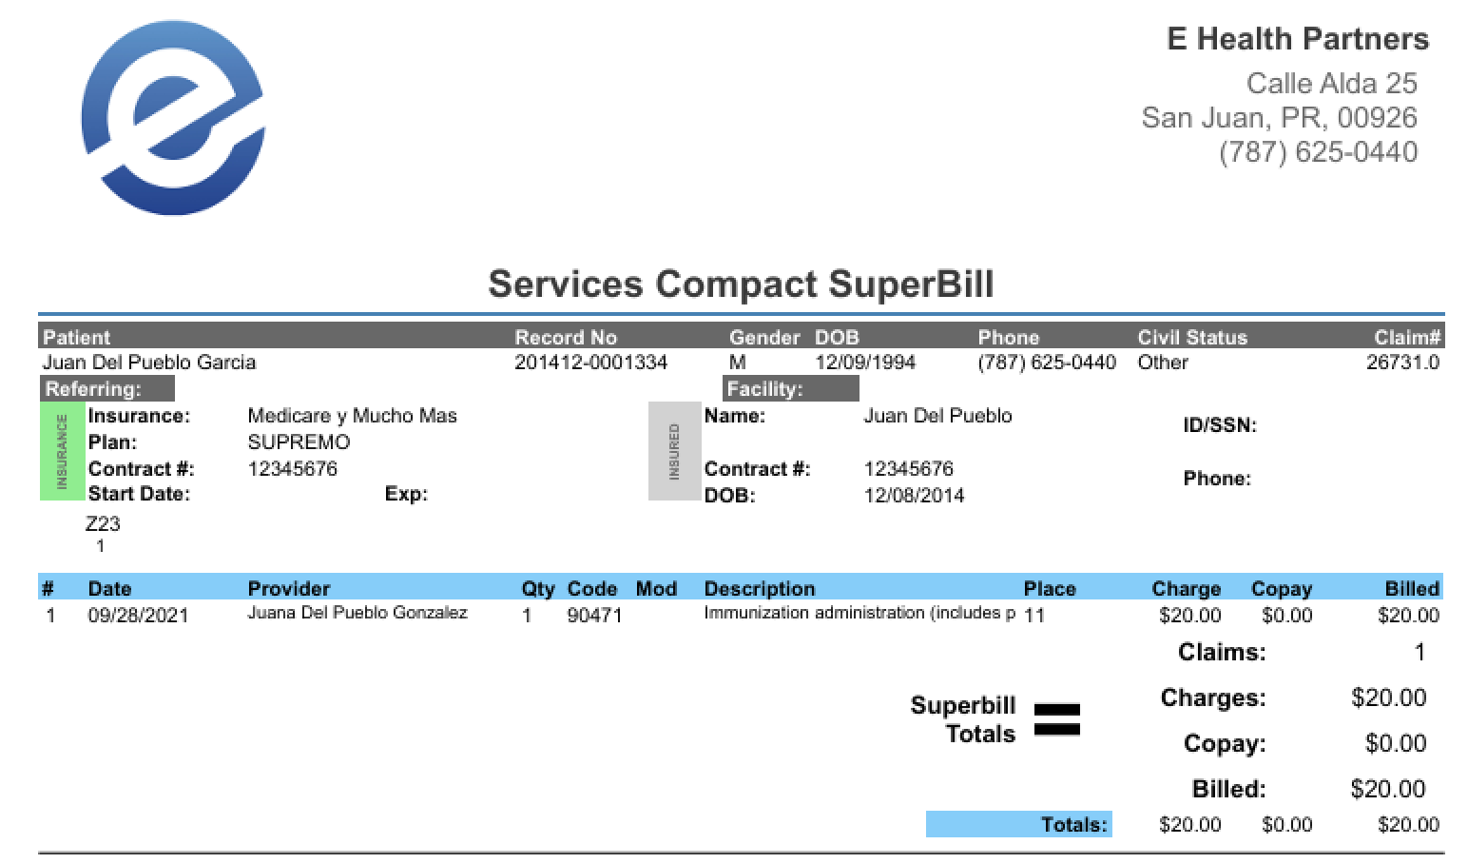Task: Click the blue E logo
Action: [172, 118]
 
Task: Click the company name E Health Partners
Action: [1297, 39]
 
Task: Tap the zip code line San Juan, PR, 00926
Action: [1279, 118]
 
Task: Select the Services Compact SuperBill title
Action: [741, 284]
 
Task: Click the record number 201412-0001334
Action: [590, 363]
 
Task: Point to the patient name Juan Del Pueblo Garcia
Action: [149, 363]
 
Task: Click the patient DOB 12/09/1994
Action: [865, 363]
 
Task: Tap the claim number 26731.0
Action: [1402, 363]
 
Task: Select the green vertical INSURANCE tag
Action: [62, 451]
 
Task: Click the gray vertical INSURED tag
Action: [674, 451]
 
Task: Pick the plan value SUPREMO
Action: [299, 442]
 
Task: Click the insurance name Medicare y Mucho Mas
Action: [352, 416]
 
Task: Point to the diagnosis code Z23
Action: [103, 523]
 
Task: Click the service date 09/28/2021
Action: [138, 615]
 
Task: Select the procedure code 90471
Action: [594, 615]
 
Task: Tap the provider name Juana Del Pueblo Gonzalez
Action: [357, 613]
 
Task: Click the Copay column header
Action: [1281, 589]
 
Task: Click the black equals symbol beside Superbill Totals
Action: [1056, 719]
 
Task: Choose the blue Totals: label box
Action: [1018, 824]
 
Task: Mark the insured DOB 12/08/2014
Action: [914, 496]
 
